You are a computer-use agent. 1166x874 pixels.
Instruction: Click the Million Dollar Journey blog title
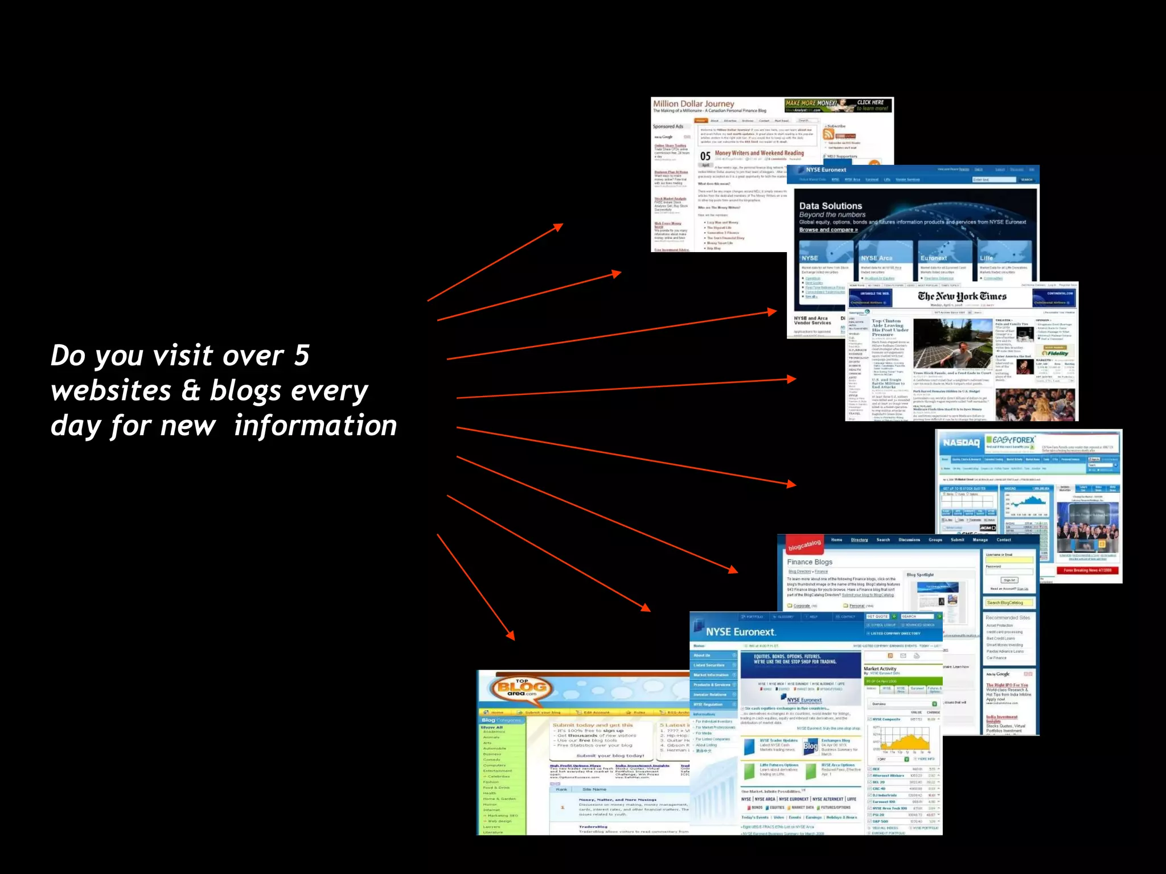point(693,104)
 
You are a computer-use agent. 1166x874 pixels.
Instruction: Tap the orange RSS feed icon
point(828,134)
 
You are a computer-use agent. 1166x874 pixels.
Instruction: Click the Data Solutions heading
point(830,206)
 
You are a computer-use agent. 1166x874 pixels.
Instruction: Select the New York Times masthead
point(962,296)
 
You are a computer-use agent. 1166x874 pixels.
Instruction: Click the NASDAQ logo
point(962,443)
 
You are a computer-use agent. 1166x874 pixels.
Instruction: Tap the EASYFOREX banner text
point(1013,440)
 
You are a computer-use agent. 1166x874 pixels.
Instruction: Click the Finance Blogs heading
point(810,562)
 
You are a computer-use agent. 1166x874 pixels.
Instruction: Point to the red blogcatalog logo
point(804,546)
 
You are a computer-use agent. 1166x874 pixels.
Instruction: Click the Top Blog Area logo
point(522,688)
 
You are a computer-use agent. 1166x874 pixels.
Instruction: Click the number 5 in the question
point(302,356)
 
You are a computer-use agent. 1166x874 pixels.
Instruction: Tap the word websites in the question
point(111,391)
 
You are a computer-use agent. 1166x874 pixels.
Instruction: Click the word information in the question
point(315,426)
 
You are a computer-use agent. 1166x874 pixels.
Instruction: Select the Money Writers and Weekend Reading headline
point(759,153)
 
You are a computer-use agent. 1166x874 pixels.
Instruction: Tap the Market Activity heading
point(880,669)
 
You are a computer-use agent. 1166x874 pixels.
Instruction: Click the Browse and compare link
point(828,230)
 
